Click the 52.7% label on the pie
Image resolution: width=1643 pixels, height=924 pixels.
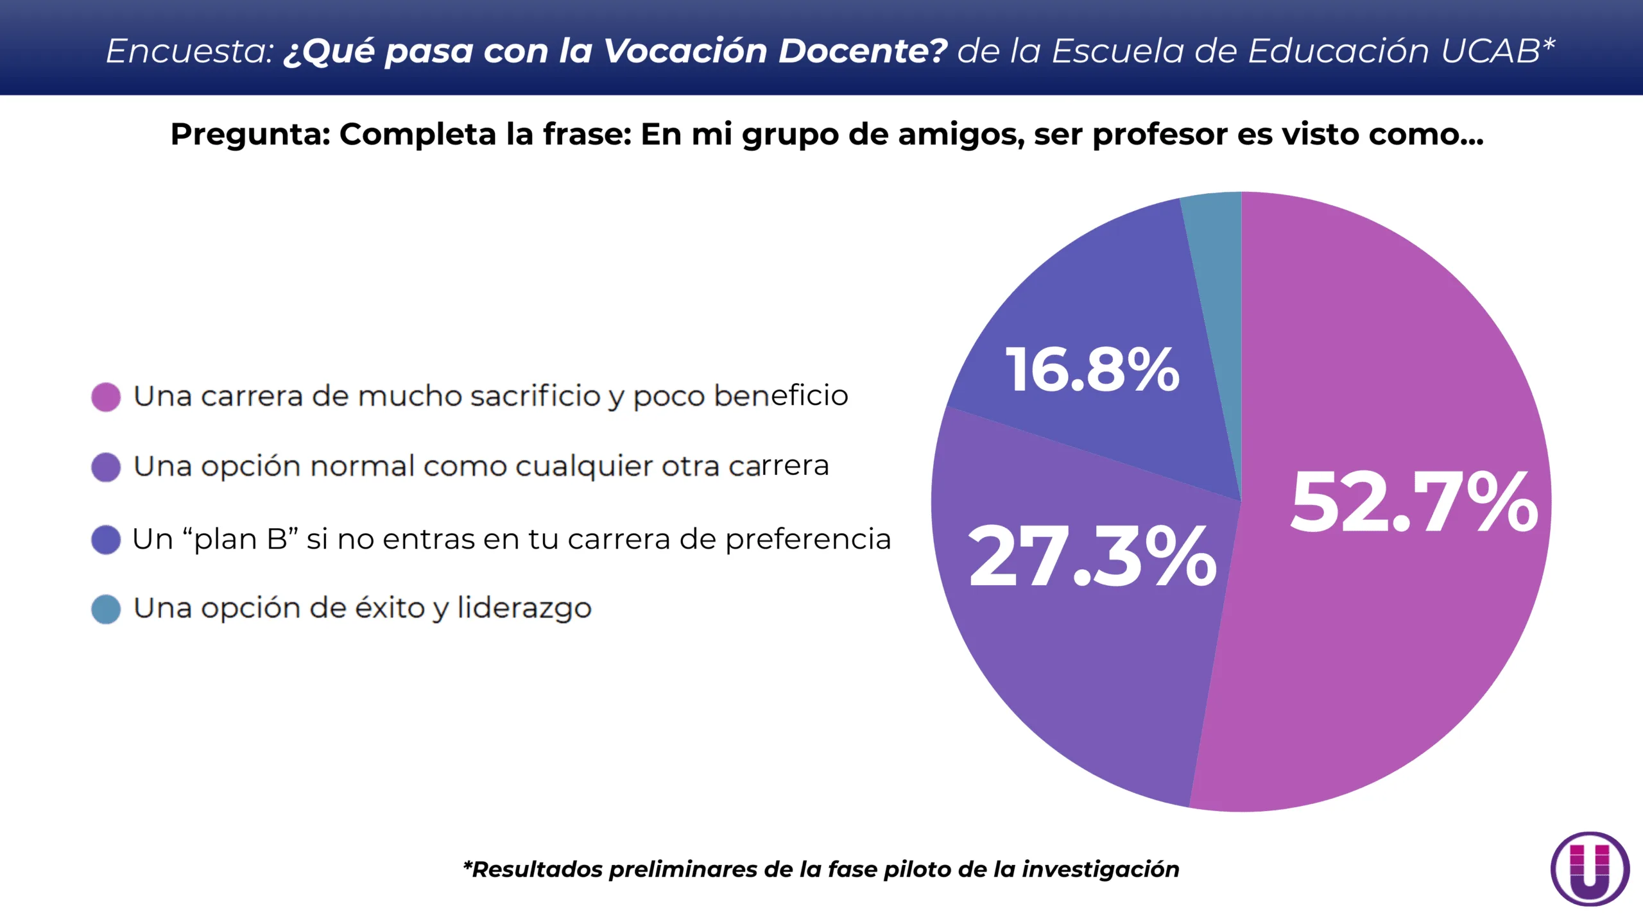pyautogui.click(x=1414, y=502)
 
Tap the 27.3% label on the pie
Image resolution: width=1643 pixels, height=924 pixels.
pyautogui.click(x=1092, y=556)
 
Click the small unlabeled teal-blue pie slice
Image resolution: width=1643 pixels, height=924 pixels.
pyautogui.click(x=1217, y=257)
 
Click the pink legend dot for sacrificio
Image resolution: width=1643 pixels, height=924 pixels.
pyautogui.click(x=106, y=397)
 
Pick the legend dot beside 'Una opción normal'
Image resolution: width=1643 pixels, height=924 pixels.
pyautogui.click(x=106, y=467)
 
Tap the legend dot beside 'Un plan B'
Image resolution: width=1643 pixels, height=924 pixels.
pyautogui.click(x=106, y=540)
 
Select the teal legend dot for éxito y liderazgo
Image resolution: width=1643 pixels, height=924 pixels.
pyautogui.click(x=106, y=610)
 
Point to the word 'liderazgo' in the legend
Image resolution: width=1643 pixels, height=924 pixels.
pyautogui.click(x=524, y=608)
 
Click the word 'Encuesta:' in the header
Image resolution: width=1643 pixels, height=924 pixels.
pyautogui.click(x=190, y=51)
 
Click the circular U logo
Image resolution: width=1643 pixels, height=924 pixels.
pyautogui.click(x=1590, y=868)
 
